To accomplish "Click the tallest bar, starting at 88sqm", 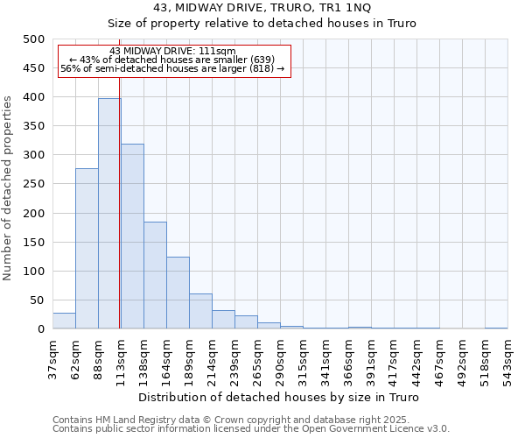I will click(x=108, y=214).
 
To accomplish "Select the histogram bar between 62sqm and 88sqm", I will click(x=87, y=249).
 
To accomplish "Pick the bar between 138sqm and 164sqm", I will click(x=155, y=276).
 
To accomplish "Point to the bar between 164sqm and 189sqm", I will click(x=178, y=293).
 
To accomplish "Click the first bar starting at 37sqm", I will click(x=64, y=321).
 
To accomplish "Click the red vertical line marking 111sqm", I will click(x=119, y=219).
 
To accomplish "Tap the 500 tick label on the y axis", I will click(x=33, y=39).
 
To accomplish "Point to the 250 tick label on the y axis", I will click(x=33, y=185).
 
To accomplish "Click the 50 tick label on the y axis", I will click(x=37, y=300).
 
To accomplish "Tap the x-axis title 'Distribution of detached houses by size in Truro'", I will click(x=279, y=398).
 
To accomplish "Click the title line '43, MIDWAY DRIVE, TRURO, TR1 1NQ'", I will click(x=262, y=8).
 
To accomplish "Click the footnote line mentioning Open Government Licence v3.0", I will click(x=251, y=429).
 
